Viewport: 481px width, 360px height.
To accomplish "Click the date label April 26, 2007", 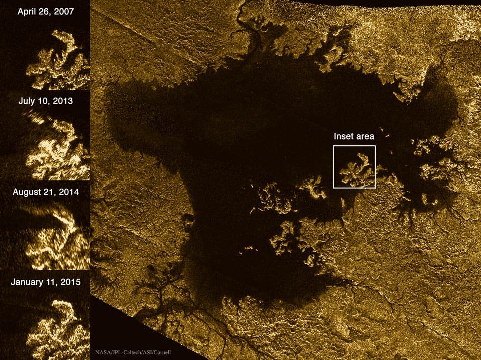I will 45,11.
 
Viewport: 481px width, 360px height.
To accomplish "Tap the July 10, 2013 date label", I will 45,101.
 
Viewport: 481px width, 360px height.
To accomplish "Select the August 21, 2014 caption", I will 45,192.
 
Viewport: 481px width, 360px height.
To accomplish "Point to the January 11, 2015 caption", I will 45,282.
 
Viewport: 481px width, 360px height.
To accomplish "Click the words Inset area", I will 354,136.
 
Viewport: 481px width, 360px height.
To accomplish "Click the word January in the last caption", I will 28,282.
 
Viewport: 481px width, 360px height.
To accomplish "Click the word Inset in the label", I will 343,136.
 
